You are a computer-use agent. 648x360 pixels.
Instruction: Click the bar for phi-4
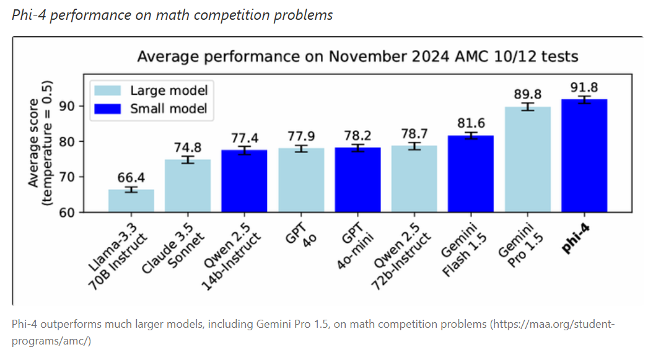pos(584,156)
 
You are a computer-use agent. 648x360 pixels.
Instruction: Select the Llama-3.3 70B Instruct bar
pos(131,201)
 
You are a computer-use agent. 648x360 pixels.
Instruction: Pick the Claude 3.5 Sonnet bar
pos(188,186)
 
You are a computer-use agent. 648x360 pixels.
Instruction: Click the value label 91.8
pos(584,87)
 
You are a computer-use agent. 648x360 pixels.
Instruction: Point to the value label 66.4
pos(131,178)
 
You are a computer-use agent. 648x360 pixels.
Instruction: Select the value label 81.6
pos(471,123)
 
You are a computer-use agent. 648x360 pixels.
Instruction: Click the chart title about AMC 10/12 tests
pos(357,57)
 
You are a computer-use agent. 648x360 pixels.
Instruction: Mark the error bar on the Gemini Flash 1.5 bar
pos(471,136)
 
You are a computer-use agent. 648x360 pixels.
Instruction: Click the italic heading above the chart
pos(172,15)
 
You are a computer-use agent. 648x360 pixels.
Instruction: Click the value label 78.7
pos(414,134)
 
